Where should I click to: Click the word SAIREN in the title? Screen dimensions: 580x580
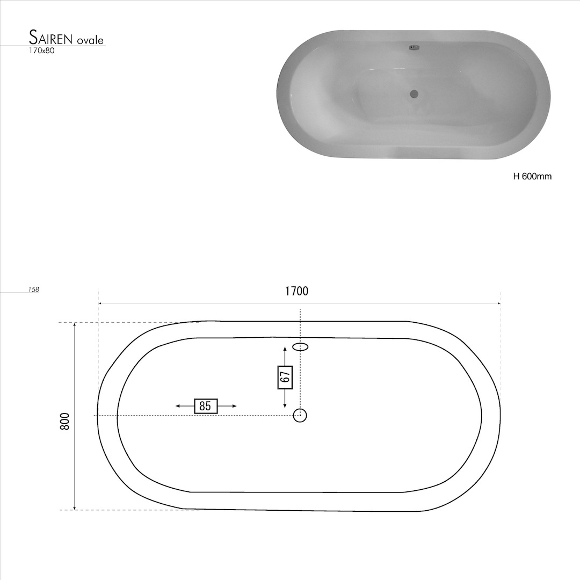[x=51, y=38]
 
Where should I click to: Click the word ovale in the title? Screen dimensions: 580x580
[x=90, y=40]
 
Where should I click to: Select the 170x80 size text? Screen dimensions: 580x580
[x=42, y=50]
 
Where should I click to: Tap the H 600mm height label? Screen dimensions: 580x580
[x=532, y=177]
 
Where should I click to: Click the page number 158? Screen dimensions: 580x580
[x=34, y=289]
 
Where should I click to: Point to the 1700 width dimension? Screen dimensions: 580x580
[x=296, y=291]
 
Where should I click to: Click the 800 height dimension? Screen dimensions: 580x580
[x=64, y=421]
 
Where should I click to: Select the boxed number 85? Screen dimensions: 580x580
[x=206, y=406]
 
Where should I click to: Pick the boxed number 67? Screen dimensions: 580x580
[x=285, y=378]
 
